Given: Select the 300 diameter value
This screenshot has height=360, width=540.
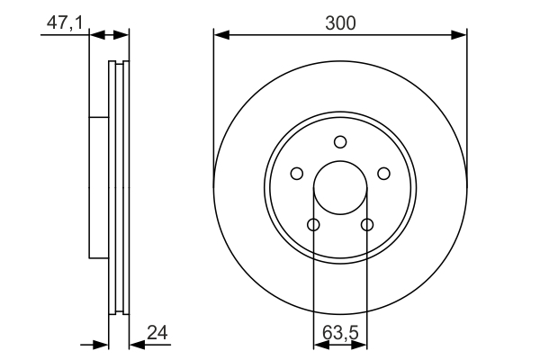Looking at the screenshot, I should click(x=339, y=24).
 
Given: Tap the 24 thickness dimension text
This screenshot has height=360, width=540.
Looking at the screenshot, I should click(x=157, y=333).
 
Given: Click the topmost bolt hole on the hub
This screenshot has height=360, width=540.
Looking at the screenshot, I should click(x=339, y=141).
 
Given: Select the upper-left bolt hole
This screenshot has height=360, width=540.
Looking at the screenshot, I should click(x=296, y=174).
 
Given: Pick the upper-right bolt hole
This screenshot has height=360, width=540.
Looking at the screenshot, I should click(x=383, y=174).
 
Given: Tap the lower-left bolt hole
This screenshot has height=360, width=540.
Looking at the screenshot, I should click(x=313, y=224).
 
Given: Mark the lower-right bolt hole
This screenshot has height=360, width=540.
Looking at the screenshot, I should click(x=366, y=224).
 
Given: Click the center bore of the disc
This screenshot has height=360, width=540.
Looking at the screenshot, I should click(x=339, y=187).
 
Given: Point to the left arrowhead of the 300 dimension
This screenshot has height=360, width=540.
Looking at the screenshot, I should click(x=220, y=36).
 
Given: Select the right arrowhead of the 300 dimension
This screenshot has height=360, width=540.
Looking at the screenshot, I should click(x=460, y=36).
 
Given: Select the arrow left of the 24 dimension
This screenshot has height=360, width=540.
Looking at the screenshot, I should click(x=101, y=344).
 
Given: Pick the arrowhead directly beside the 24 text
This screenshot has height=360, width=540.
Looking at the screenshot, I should click(x=137, y=344).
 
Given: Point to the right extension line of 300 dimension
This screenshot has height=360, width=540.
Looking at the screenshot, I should click(x=467, y=99).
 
